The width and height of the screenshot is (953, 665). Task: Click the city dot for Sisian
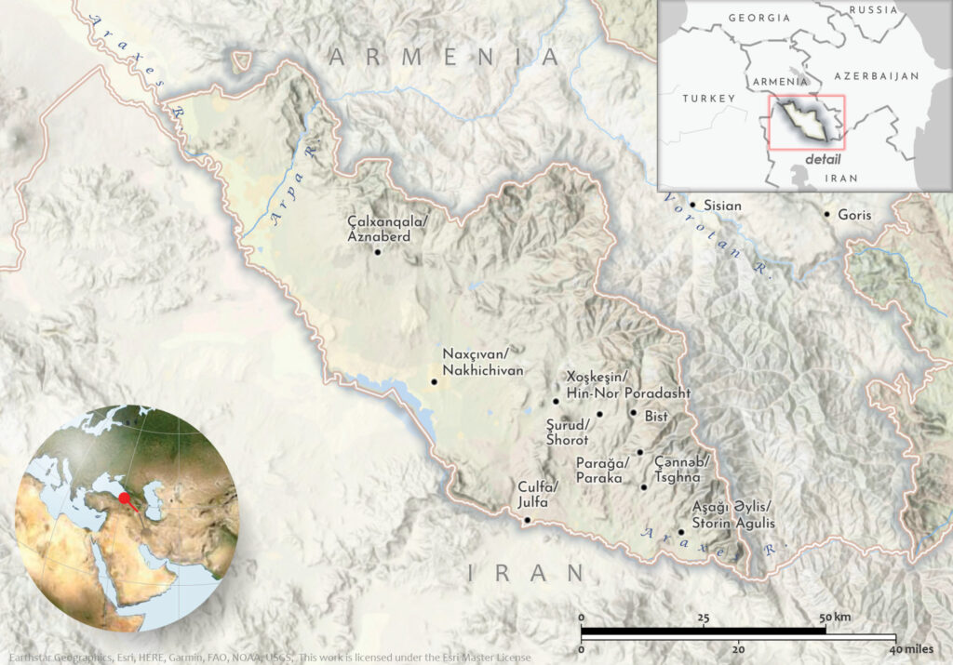coord(691,205)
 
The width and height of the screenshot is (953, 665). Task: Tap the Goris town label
coord(854,215)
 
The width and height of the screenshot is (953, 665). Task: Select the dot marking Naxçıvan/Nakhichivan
coord(434,381)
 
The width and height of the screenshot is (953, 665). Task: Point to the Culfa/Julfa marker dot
coord(528,521)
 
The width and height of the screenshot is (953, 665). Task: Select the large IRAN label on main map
coord(527,573)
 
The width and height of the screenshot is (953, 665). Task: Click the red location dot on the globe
coord(125,499)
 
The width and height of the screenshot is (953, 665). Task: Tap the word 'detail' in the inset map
coord(822,159)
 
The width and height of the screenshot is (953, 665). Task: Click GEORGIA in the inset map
coord(758,18)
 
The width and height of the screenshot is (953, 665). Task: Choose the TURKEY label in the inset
coord(708,98)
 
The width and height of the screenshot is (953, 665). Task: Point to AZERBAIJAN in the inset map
coord(876,75)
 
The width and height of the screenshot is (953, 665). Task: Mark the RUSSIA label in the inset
coord(874,10)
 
